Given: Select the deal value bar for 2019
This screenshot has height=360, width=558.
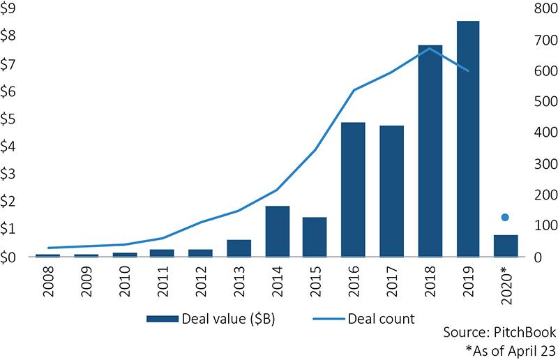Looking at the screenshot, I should pyautogui.click(x=468, y=140).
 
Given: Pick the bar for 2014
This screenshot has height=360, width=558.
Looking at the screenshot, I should pyautogui.click(x=278, y=232).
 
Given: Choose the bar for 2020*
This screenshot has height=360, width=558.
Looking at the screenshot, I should pyautogui.click(x=506, y=246).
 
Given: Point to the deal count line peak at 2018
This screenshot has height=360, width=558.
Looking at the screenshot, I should pyautogui.click(x=430, y=48).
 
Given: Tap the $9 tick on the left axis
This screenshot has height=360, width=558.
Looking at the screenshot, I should pyautogui.click(x=10, y=9).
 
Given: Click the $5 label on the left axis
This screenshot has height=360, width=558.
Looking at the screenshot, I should pyautogui.click(x=10, y=119).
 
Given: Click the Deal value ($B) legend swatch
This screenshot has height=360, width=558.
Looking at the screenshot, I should pyautogui.click(x=163, y=319).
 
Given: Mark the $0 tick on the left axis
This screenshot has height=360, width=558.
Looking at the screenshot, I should pyautogui.click(x=10, y=257).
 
